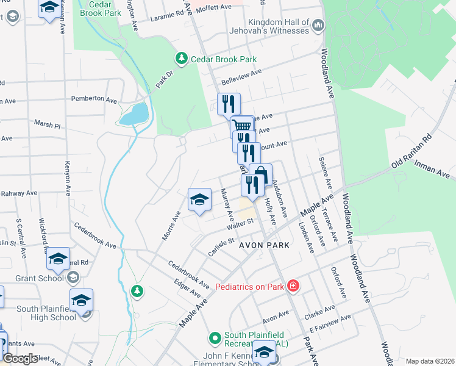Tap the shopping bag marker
tap(261, 174)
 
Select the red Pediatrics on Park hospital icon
tap(293, 285)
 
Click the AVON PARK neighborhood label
tap(263, 244)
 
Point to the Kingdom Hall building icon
tap(318, 26)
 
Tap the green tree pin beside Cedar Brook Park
tap(181, 59)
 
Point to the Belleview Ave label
tap(240, 76)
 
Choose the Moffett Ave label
tap(218, 7)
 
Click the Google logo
tap(20, 358)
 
